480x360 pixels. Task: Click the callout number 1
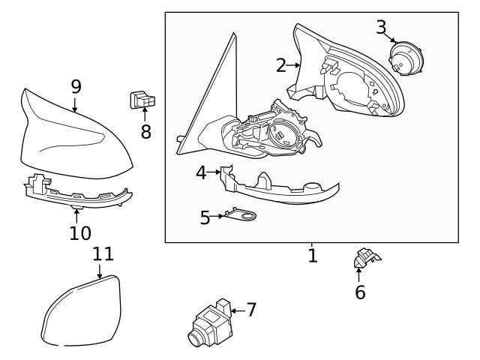point(313,256)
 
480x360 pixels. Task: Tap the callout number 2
point(280,65)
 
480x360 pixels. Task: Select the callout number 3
point(382,28)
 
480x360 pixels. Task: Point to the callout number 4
point(201,172)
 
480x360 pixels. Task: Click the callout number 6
point(360,292)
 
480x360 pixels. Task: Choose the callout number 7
point(251,309)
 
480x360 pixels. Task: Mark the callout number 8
point(145,131)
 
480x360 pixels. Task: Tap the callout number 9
point(76,86)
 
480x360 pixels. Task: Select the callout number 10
point(80,232)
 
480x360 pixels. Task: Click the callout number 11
point(103,253)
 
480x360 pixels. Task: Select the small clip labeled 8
point(142,98)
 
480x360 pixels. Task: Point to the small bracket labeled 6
point(364,259)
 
